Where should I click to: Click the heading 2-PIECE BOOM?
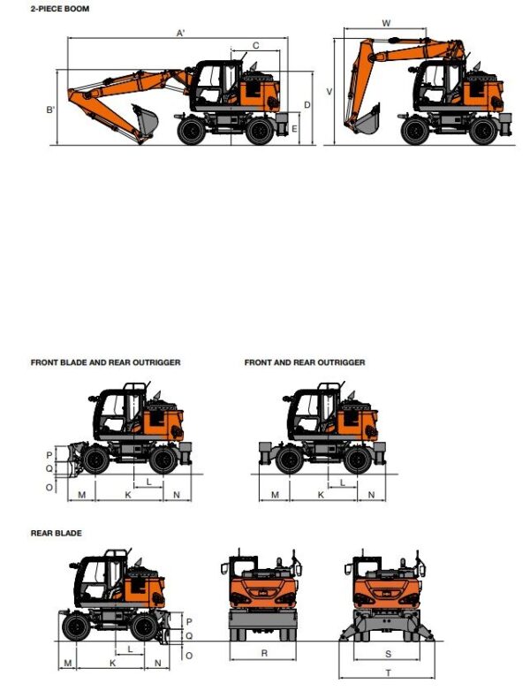60,9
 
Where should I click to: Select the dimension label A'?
180,33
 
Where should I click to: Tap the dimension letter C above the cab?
255,45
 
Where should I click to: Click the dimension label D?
307,105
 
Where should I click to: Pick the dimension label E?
294,129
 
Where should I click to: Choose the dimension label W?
386,23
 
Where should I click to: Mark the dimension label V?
329,92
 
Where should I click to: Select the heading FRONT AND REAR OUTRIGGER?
305,362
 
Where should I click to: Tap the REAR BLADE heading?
57,533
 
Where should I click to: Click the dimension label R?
264,654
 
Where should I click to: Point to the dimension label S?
389,654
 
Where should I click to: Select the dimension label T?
389,673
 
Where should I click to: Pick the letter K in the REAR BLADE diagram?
112,663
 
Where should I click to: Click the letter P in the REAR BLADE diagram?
188,622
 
